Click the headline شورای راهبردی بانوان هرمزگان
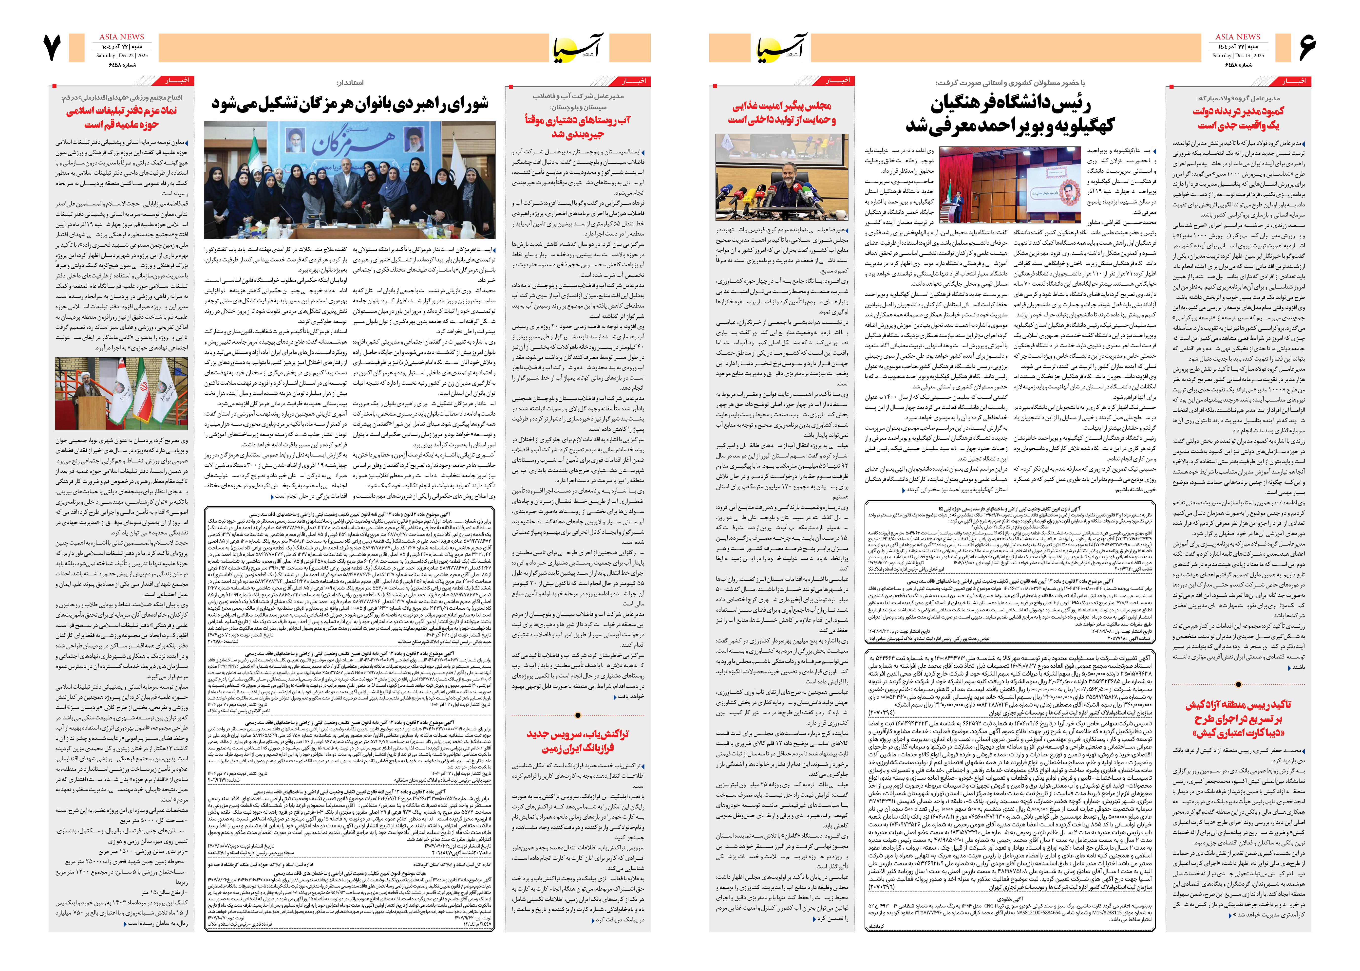[x=350, y=103]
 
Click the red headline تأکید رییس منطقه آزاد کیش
[x=1238, y=719]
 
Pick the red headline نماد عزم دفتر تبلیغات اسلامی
[x=121, y=117]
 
